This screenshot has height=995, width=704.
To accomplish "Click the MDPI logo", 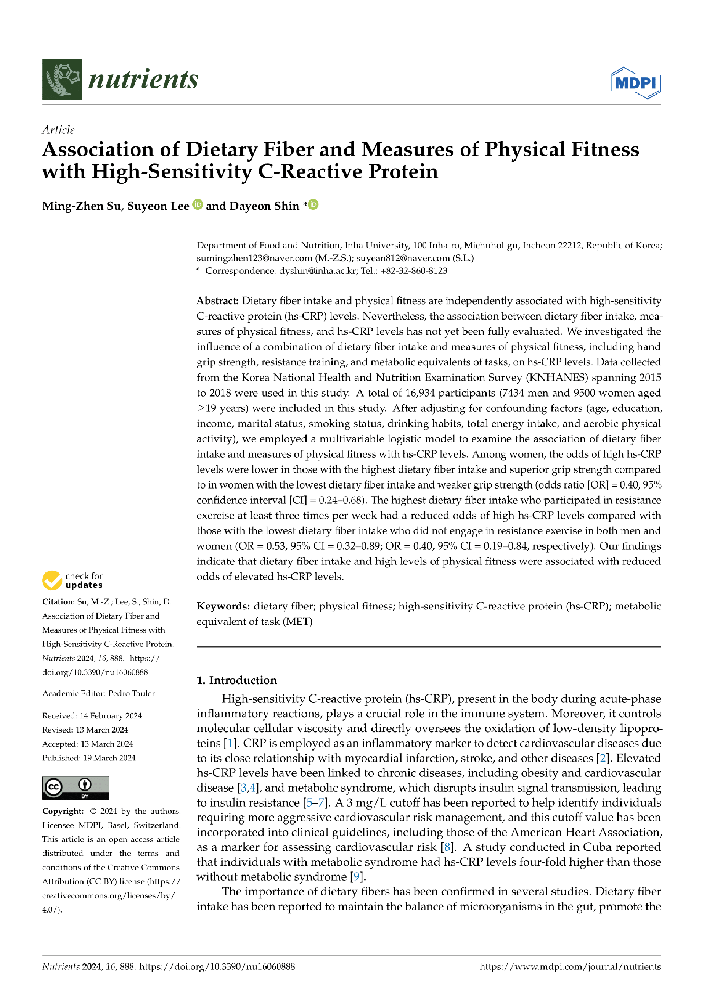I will tap(635, 82).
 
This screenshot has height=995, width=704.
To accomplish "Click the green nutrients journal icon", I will tap(62, 79).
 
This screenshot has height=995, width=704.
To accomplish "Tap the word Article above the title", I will tap(58, 130).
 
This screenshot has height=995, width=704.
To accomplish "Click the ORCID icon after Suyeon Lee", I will tap(198, 204).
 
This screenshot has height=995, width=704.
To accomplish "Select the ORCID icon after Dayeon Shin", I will tap(313, 204).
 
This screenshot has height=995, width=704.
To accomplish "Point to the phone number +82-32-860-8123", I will tap(414, 271).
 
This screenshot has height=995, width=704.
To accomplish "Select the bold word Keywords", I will tap(223, 606).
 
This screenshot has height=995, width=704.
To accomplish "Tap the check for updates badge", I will tap(72, 580).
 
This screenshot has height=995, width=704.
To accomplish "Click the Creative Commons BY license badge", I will tap(76, 788).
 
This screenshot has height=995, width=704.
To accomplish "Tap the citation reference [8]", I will tap(447, 847).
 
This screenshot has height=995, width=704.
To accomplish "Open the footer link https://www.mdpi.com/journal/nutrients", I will tap(570, 966).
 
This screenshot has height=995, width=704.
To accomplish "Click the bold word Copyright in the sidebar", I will tap(62, 811).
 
